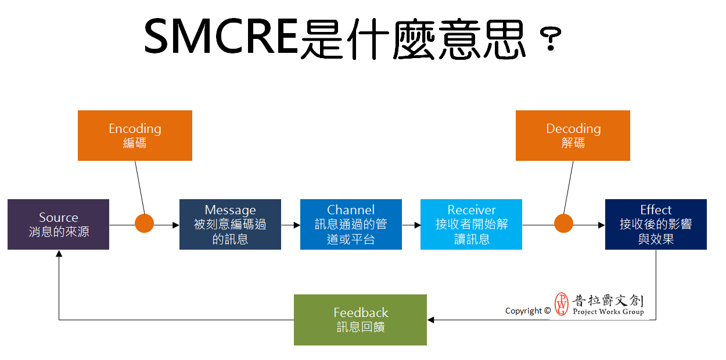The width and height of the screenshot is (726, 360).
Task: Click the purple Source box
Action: pos(58,224)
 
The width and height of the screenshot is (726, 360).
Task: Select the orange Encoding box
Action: pos(135,135)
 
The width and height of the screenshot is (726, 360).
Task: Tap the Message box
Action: pos(230,224)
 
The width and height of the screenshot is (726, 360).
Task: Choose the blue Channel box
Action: pos(351,224)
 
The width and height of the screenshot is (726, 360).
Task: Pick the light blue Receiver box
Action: pos(471,224)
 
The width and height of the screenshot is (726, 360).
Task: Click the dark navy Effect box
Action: pos(656,224)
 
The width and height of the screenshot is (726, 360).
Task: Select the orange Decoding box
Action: pos(573,135)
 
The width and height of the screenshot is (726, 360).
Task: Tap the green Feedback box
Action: pos(360,320)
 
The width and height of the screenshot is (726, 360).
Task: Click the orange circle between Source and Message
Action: pos(144,224)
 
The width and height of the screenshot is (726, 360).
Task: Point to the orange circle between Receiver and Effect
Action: pos(563,224)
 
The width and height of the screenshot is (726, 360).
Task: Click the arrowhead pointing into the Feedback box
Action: pos(431,320)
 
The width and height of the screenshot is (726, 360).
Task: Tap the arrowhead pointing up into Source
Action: pos(59,254)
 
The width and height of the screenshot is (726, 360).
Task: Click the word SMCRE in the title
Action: pos(221,36)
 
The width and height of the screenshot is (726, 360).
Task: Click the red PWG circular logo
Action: pos(562,304)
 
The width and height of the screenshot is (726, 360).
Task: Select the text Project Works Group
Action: pos(608,312)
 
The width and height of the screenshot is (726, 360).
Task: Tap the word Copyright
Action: pos(523,311)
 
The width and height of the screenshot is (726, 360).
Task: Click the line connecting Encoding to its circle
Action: pos(139,188)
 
